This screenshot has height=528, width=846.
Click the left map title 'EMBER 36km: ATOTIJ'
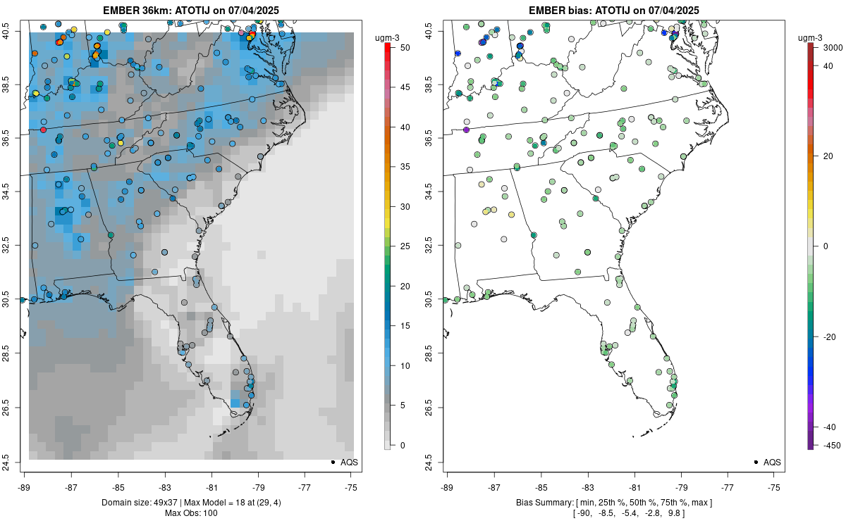(192, 10)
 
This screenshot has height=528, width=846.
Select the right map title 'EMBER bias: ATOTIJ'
(614, 10)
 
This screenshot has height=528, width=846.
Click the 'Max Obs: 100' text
(192, 513)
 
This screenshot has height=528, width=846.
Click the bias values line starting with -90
(614, 513)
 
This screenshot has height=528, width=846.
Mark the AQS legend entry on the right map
(767, 462)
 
